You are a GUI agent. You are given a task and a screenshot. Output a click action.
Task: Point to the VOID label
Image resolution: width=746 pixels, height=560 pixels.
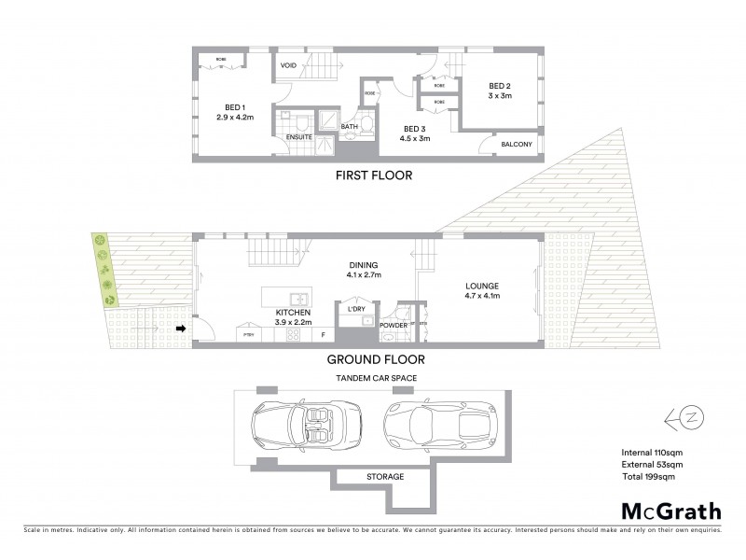point(289,66)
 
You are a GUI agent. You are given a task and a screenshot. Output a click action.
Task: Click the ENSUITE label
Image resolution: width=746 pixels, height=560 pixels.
point(298,137)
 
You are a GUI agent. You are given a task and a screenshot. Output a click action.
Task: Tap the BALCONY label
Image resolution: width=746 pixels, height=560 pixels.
point(517,144)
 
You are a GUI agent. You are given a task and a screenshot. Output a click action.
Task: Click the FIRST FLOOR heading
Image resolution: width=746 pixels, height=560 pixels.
point(373,175)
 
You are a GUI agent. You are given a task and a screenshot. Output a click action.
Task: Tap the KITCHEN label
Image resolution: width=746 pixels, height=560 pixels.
point(294,313)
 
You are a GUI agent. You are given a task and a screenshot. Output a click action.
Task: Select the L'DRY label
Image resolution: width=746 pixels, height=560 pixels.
point(355,309)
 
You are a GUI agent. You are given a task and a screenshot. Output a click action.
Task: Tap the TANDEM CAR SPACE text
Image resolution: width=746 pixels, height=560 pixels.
point(376,377)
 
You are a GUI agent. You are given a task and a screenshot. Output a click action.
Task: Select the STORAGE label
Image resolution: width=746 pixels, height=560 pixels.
point(384,477)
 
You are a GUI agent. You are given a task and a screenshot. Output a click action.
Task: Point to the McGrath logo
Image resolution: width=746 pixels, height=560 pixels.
point(670,511)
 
